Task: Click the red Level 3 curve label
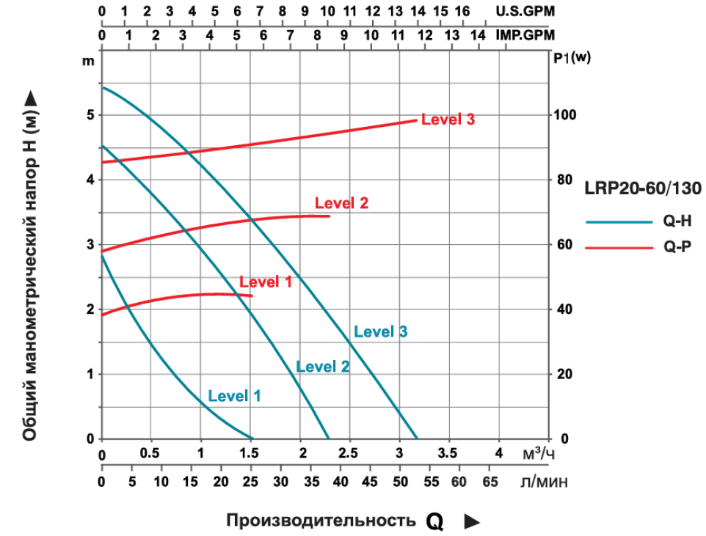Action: click(448, 120)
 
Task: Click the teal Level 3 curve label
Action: click(380, 331)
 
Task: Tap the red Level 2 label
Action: click(341, 203)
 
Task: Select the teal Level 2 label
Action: click(322, 367)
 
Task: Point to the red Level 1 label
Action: click(266, 282)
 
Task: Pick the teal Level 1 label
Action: click(234, 396)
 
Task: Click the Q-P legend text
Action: click(677, 248)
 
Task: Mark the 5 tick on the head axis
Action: click(90, 115)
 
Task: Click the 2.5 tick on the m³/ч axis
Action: click(350, 452)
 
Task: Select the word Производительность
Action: click(321, 521)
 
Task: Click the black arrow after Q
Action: click(472, 521)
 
